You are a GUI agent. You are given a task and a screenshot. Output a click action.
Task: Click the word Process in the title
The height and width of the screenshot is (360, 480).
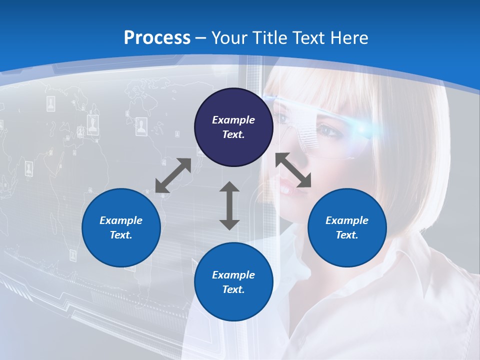tap(157, 38)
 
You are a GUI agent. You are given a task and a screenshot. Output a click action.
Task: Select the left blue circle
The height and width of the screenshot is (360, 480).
tap(121, 227)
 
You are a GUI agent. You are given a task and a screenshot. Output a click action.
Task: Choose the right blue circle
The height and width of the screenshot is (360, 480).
tap(347, 227)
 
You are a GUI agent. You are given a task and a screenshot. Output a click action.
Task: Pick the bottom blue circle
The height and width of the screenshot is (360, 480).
tap(233, 281)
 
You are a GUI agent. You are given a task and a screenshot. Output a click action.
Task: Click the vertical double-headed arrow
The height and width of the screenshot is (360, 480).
tap(229, 205)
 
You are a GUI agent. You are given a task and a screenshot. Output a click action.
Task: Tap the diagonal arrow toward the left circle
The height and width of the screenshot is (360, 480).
tap(173, 175)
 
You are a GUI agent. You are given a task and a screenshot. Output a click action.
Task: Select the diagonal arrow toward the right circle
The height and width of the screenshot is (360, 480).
tap(293, 170)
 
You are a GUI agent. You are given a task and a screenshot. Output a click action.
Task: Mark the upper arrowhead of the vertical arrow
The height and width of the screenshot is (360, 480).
tap(229, 187)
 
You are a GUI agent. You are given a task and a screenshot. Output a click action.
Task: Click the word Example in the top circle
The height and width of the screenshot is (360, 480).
tap(233, 120)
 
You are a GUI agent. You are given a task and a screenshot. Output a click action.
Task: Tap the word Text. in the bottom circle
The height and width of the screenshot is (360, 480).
tap(233, 289)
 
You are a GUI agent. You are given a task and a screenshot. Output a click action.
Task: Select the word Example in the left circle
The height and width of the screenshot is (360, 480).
tap(121, 220)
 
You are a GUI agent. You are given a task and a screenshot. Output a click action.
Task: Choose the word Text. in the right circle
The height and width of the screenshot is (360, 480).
tap(347, 235)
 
